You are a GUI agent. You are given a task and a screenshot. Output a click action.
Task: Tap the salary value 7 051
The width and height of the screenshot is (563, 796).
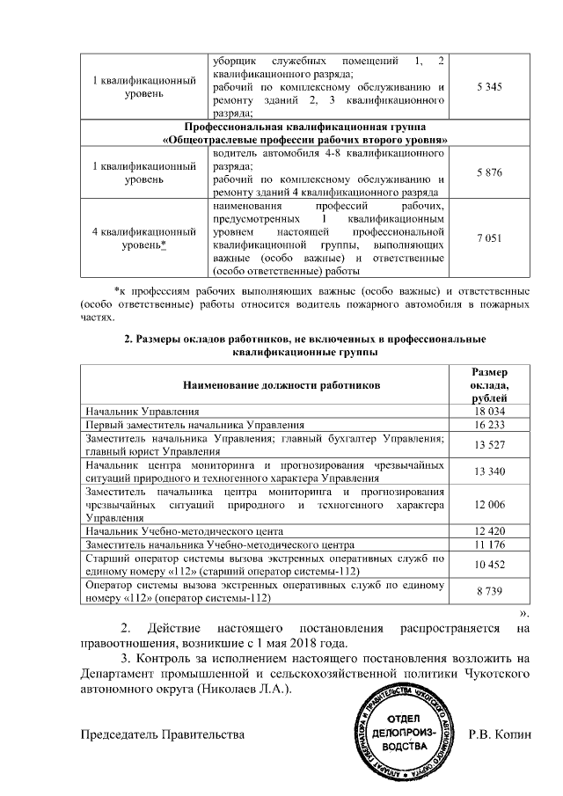coord(488,237)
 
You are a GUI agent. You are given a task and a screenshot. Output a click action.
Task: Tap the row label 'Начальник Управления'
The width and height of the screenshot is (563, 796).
coord(143,411)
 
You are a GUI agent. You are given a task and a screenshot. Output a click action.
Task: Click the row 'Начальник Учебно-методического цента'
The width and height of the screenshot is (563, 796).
coord(184,532)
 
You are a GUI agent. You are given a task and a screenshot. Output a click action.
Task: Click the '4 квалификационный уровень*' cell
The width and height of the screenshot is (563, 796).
coord(143,237)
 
